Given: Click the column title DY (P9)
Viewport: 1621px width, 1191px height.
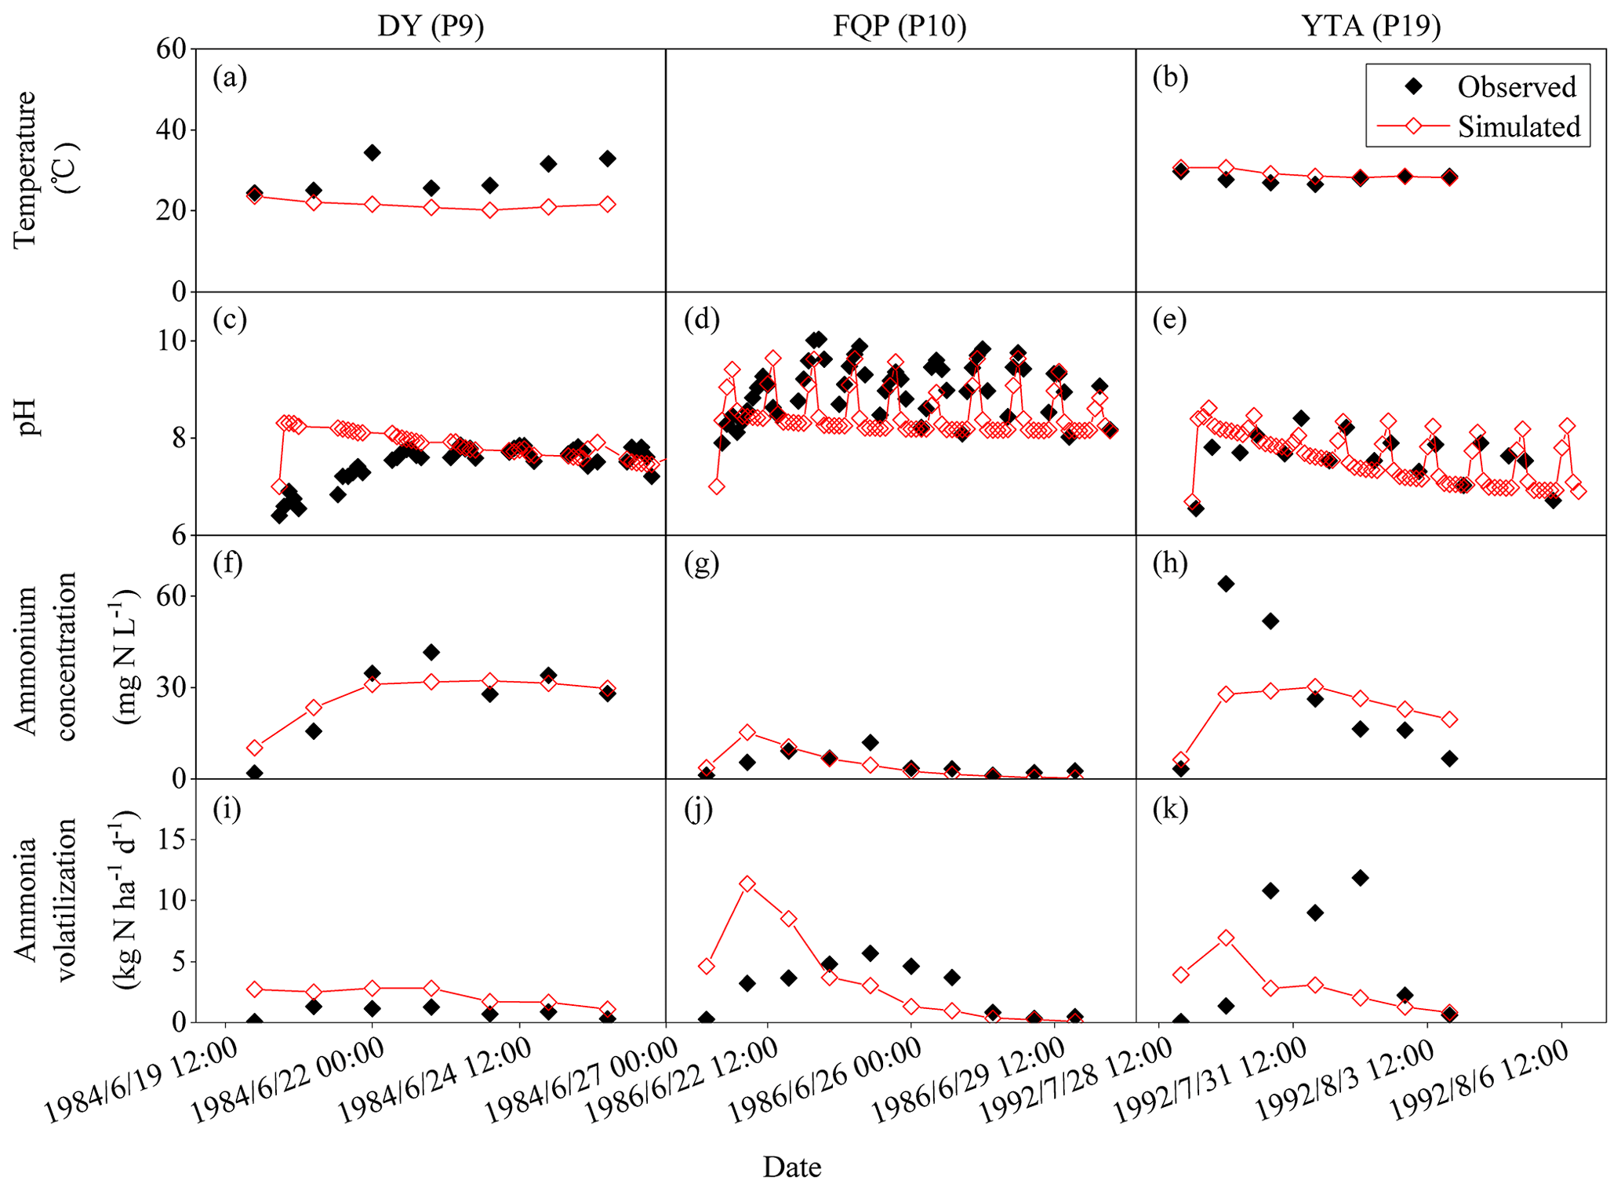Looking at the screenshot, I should click(431, 26).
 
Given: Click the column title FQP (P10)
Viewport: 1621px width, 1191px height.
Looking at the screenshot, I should click(900, 26).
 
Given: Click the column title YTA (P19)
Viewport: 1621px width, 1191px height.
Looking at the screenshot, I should click(1371, 26).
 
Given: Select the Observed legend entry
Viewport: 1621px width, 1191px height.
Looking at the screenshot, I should click(1516, 87).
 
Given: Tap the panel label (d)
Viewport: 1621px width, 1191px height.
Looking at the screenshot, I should click(701, 320).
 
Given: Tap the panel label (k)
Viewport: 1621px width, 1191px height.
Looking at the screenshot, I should click(1170, 809).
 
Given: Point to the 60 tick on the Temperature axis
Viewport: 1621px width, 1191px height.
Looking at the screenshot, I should click(171, 49).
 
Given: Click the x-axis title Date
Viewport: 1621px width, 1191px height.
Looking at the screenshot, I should click(792, 1167).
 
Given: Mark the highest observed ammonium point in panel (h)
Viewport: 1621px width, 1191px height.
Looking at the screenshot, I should click(1226, 584).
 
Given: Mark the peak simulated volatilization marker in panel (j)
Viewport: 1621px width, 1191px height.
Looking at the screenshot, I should click(747, 884).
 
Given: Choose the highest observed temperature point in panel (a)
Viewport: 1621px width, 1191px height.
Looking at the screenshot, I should click(373, 152).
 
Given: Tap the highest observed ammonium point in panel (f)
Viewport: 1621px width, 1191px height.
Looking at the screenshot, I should click(431, 652).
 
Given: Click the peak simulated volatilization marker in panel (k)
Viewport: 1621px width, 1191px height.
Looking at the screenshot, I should click(1226, 938).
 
